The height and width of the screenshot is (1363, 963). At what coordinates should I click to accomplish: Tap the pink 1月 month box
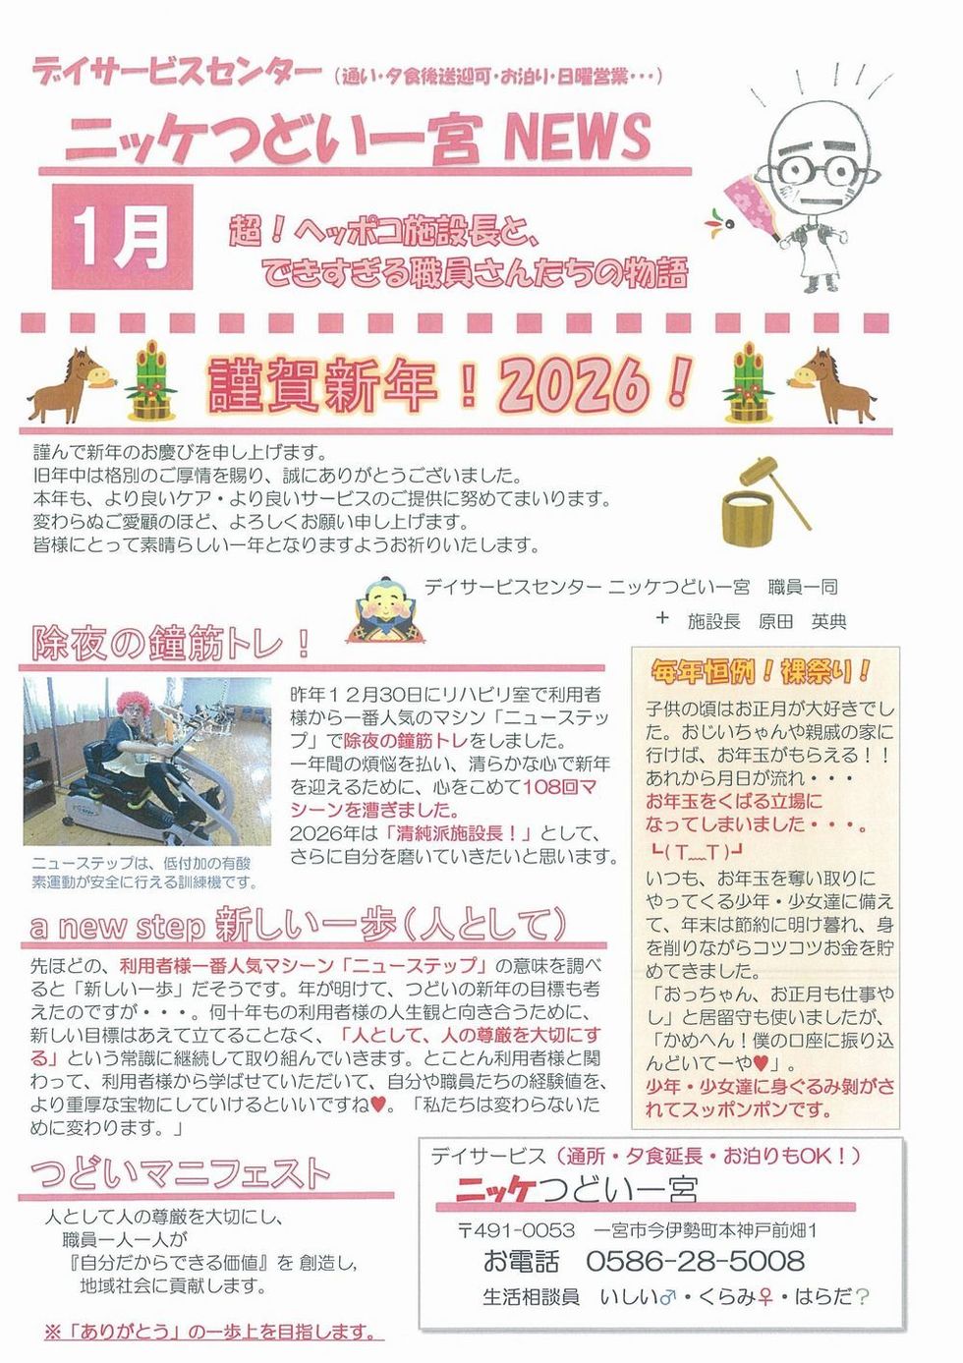pyautogui.click(x=122, y=237)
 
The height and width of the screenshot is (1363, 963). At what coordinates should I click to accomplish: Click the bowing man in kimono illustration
pyautogui.click(x=385, y=609)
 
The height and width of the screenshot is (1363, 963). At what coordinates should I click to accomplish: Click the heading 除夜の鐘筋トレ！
pyautogui.click(x=170, y=643)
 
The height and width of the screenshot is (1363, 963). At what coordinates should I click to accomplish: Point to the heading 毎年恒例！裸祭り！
pyautogui.click(x=761, y=672)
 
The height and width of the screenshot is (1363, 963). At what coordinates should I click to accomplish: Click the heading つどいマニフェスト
pyautogui.click(x=180, y=1174)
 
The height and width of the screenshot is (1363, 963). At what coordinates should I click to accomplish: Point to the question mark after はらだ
pyautogui.click(x=862, y=1297)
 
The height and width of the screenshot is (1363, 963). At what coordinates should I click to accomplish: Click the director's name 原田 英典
pyautogui.click(x=802, y=622)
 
